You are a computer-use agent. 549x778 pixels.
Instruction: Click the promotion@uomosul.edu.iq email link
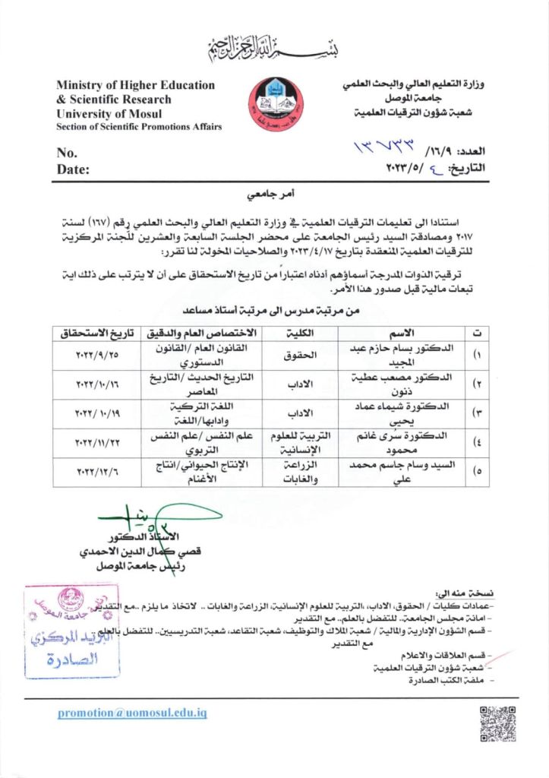(x=132, y=713)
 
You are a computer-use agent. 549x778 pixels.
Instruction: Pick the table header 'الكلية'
(x=295, y=334)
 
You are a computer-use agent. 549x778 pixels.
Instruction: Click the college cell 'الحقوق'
(x=294, y=354)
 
